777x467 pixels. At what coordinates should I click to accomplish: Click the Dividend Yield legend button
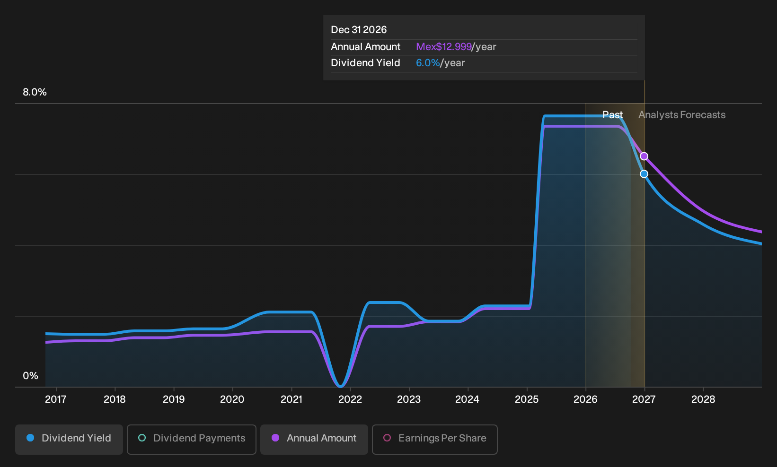[x=69, y=439]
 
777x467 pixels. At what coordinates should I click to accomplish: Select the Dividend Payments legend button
[x=192, y=439]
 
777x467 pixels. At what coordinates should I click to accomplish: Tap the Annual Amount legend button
[x=314, y=439]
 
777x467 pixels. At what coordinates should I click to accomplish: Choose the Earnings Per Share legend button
[x=434, y=439]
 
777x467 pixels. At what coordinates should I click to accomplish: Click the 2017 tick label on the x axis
[x=56, y=399]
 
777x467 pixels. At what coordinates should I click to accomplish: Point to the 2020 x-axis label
[x=232, y=399]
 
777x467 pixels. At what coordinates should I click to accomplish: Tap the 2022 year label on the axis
[x=350, y=399]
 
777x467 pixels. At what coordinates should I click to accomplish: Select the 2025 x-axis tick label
[x=527, y=399]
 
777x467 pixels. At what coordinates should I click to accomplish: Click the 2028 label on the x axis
[x=703, y=399]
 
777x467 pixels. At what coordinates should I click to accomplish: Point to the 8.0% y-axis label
[x=35, y=92]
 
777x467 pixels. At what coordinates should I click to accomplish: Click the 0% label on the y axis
[x=31, y=376]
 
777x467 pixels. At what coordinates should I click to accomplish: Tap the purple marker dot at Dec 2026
[x=644, y=156]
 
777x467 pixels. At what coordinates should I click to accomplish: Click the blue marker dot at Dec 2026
[x=644, y=174]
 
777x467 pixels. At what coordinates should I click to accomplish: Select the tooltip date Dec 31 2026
[x=359, y=30]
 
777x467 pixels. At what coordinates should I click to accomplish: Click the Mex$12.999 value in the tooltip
[x=444, y=47]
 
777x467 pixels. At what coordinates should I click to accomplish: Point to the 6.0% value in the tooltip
[x=428, y=63]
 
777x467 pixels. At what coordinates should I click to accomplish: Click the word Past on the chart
[x=613, y=115]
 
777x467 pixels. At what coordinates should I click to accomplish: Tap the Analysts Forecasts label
[x=682, y=115]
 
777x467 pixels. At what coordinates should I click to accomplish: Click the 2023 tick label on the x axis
[x=409, y=399]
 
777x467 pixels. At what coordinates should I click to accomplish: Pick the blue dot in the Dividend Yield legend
[x=31, y=438]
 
